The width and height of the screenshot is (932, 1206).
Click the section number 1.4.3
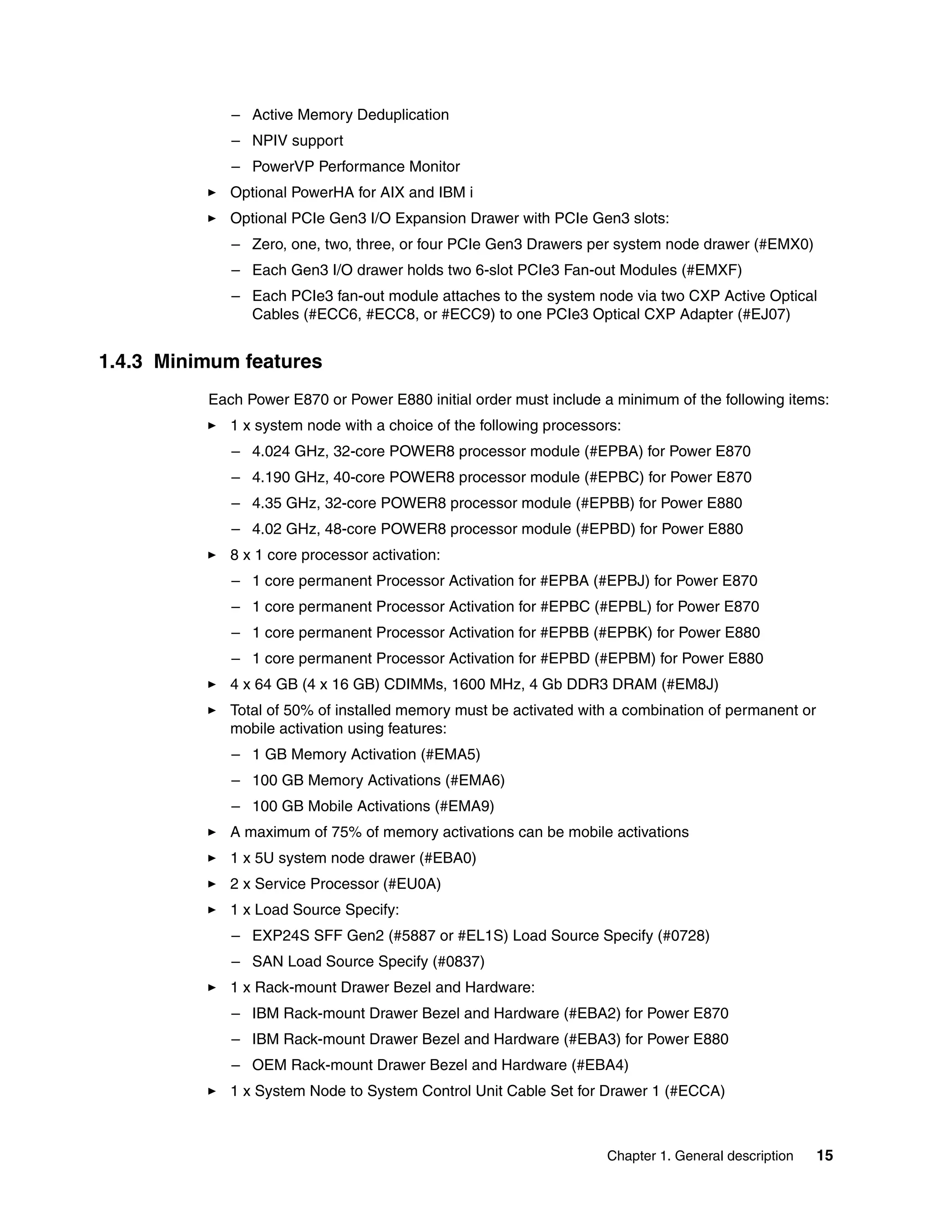120,362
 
